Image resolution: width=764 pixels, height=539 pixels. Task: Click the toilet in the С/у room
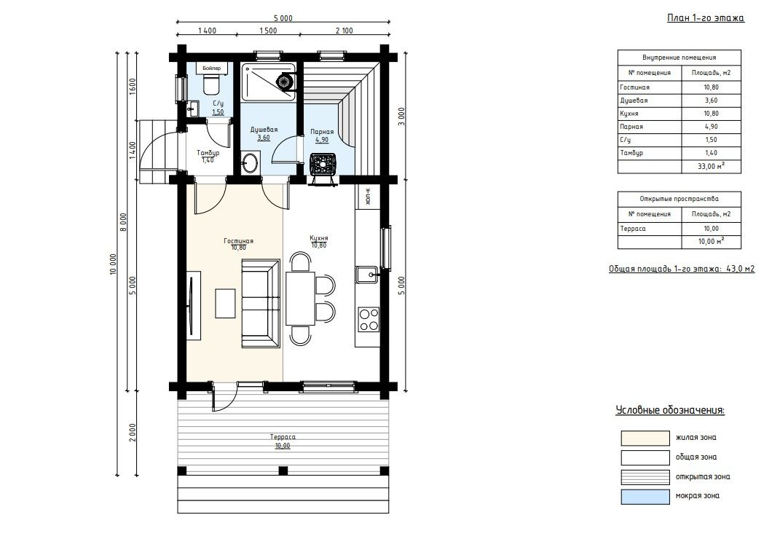click(212, 86)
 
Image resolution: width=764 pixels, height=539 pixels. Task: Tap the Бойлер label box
click(211, 68)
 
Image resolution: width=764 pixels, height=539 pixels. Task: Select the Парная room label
click(322, 132)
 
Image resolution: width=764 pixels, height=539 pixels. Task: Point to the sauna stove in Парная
click(323, 162)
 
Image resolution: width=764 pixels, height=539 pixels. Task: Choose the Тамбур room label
click(208, 153)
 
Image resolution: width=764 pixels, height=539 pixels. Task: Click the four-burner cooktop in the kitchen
click(369, 319)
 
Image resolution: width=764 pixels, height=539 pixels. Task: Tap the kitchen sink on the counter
click(367, 275)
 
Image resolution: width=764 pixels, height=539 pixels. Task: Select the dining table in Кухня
click(300, 298)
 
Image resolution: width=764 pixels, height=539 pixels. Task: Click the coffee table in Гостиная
click(226, 303)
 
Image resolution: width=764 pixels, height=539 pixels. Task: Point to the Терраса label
click(283, 436)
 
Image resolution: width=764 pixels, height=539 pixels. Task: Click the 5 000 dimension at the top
click(283, 18)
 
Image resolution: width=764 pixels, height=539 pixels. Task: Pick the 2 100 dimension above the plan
click(344, 31)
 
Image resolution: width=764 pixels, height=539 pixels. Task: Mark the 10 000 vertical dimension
click(113, 264)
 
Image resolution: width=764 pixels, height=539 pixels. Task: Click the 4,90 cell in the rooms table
click(711, 127)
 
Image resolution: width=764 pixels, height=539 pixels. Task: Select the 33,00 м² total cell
click(711, 166)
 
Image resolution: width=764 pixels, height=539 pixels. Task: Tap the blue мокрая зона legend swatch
click(645, 497)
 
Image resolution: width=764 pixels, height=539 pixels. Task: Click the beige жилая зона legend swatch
click(645, 438)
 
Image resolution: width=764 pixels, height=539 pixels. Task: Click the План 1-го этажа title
click(706, 18)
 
